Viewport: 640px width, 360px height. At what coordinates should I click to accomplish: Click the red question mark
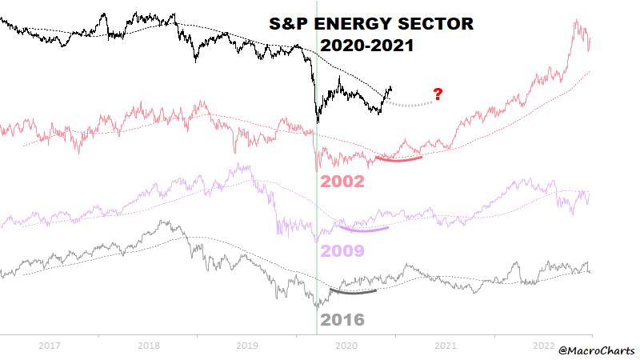(438, 94)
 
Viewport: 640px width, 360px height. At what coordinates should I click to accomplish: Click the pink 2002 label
(342, 182)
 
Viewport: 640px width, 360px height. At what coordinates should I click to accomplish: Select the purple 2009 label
(342, 251)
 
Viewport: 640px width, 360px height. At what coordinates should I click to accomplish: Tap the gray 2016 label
(342, 321)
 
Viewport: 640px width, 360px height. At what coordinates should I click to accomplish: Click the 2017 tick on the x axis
(50, 345)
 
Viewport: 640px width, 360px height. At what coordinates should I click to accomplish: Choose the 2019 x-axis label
(247, 345)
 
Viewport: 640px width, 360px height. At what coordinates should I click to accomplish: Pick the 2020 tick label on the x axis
(346, 345)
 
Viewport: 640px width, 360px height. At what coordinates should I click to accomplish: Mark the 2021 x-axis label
(445, 345)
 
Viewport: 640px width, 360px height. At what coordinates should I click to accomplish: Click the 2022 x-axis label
(543, 345)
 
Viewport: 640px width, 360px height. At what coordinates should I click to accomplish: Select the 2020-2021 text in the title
(367, 46)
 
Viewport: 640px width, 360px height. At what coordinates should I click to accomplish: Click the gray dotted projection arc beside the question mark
(410, 105)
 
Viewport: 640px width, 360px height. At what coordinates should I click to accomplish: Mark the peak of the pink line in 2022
(576, 22)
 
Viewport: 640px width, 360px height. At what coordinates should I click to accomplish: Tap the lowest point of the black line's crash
(318, 122)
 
